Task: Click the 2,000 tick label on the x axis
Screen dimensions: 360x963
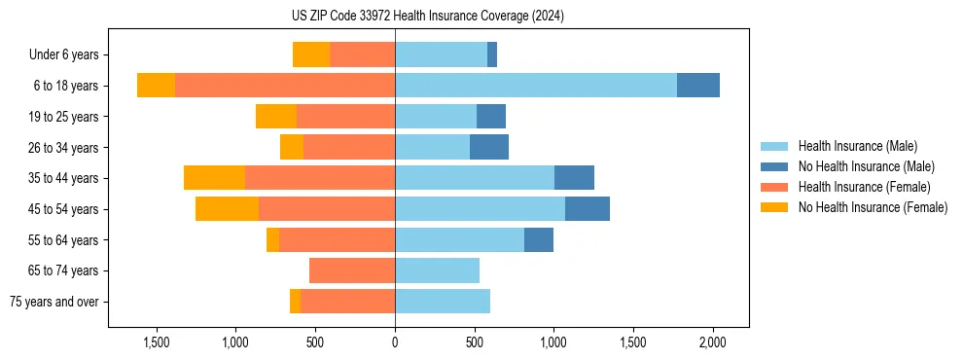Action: (x=712, y=343)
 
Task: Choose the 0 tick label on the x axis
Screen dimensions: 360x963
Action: (x=395, y=343)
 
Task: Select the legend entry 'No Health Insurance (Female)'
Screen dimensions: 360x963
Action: (x=873, y=207)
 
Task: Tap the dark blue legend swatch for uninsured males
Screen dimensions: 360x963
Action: (x=774, y=166)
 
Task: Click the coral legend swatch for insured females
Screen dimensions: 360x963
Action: (x=774, y=187)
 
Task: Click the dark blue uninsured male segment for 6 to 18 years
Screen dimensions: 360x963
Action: (x=698, y=86)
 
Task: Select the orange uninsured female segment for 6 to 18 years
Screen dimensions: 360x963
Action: (x=156, y=86)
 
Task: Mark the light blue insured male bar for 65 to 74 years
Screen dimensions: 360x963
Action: (x=437, y=270)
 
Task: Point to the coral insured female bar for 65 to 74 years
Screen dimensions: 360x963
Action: (x=352, y=270)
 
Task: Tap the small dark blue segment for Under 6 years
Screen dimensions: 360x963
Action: (x=492, y=55)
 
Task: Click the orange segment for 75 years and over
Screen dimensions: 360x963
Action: (x=295, y=302)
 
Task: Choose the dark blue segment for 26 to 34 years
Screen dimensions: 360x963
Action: (x=489, y=147)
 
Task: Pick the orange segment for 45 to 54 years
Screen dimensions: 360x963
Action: (x=227, y=209)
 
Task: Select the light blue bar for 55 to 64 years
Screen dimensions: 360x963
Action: (x=459, y=239)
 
